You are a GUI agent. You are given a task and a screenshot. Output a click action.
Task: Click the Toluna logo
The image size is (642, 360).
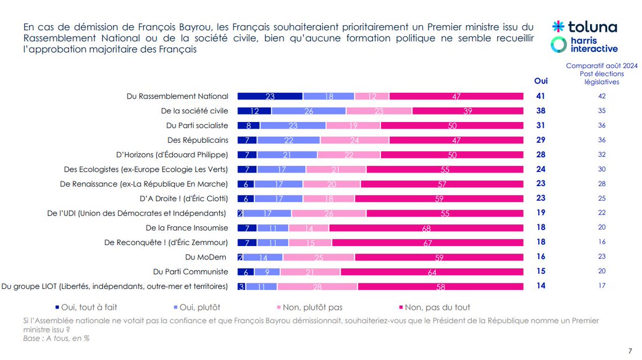[x=584, y=27]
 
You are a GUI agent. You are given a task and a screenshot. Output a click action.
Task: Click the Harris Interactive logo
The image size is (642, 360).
[x=584, y=45]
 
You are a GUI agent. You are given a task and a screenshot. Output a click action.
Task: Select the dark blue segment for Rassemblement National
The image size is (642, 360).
[x=270, y=96]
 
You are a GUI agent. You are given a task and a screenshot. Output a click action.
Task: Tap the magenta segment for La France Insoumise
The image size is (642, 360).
[x=426, y=228]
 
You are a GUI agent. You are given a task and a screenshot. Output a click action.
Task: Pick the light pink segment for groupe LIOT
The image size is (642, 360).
[x=317, y=286]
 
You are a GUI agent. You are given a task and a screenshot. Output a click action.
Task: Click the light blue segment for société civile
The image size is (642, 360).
[x=309, y=111]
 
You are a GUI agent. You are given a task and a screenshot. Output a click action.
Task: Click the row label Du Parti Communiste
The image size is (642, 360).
[x=190, y=272]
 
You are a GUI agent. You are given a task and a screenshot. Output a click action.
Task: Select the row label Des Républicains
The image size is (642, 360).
[x=197, y=140]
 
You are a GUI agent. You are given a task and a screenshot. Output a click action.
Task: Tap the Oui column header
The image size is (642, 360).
[x=541, y=81]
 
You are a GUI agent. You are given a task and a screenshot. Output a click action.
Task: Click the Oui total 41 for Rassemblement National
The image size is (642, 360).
[x=541, y=96]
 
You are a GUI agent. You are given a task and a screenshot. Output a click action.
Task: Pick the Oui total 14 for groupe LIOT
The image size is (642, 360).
[x=541, y=286]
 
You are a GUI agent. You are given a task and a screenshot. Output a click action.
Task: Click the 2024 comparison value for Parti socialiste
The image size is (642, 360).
[x=602, y=126]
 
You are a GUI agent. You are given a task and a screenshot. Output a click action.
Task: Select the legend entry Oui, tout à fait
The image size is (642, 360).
[x=86, y=307]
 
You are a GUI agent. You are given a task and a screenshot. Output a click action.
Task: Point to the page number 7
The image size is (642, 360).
[x=629, y=350]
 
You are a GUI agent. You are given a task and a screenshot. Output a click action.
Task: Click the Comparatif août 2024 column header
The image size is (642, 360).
[x=602, y=74]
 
